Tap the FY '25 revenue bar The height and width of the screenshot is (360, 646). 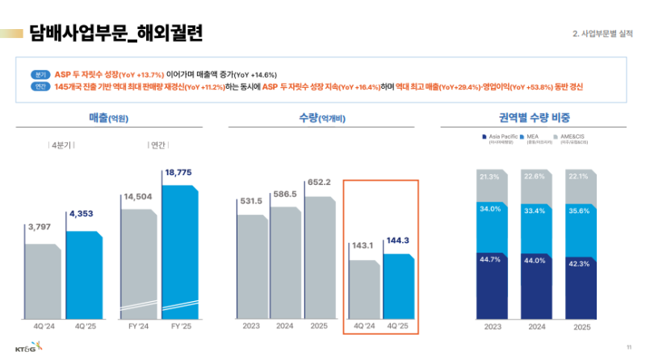(x=182, y=250)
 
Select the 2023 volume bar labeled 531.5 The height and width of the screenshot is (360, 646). (x=250, y=262)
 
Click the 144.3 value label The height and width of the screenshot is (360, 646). (x=398, y=241)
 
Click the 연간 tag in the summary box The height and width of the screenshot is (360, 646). (x=42, y=86)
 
